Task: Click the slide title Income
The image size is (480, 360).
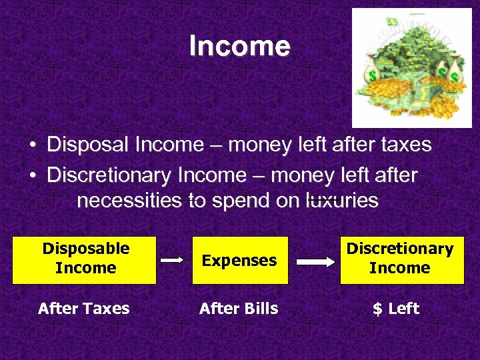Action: pos(239,46)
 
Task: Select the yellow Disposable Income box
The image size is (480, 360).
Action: pos(86,259)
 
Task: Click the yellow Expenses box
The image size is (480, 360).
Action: pos(240,260)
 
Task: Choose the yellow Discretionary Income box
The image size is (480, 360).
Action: pos(400,259)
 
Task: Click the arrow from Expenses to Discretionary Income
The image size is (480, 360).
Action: pos(316,261)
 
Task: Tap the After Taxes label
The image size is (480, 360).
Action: pos(84,308)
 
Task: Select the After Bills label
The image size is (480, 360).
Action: pos(239,308)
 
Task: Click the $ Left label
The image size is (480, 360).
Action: pos(395,308)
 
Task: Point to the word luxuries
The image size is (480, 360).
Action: pos(341,201)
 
